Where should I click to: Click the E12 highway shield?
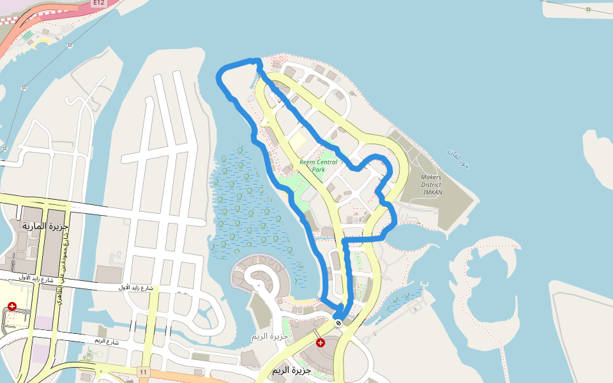[x=98, y=3]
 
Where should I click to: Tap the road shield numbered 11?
[x=143, y=372]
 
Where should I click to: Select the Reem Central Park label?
[x=319, y=166]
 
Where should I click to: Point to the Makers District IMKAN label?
[x=432, y=184]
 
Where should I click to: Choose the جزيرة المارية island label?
[x=45, y=227]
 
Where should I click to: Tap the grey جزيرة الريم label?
[x=268, y=336]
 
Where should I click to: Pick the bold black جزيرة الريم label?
[x=291, y=370]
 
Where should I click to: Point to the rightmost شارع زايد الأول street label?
[x=136, y=288]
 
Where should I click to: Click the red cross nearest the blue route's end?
[x=321, y=343]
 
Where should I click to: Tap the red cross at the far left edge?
[x=12, y=306]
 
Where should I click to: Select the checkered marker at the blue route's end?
[x=338, y=322]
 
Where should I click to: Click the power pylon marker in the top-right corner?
[x=588, y=9]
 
